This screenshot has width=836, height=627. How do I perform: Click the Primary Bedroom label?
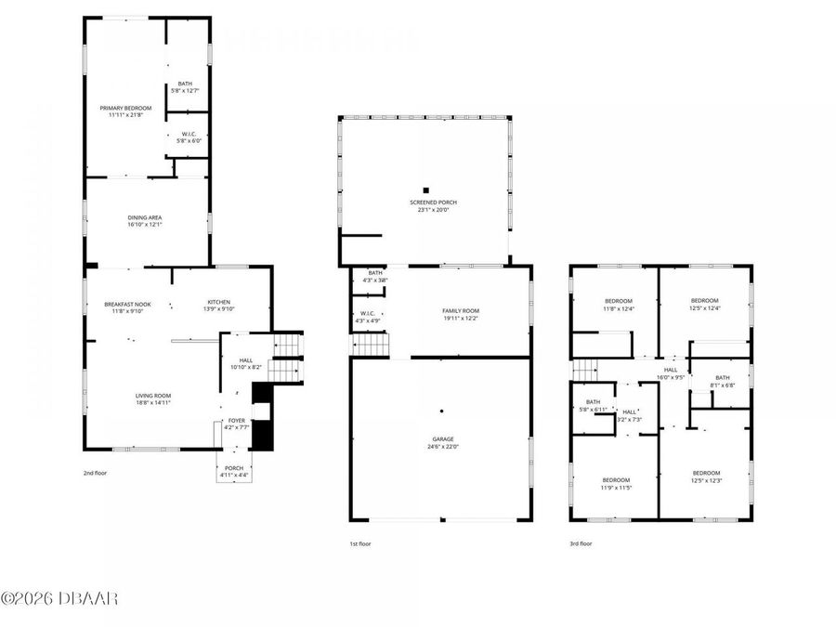point(125,111)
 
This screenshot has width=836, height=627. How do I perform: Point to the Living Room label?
point(152,398)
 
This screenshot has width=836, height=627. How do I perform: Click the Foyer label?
point(237,424)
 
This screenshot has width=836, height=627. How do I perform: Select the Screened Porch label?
point(433,205)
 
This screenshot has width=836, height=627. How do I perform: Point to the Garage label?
point(441,443)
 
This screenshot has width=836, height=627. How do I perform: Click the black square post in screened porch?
point(426,189)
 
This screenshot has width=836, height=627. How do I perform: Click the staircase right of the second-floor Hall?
point(287,358)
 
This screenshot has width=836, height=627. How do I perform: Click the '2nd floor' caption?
point(95,473)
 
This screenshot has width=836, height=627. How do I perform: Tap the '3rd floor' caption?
point(581,543)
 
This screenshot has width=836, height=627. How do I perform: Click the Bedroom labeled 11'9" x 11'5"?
point(615,483)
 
